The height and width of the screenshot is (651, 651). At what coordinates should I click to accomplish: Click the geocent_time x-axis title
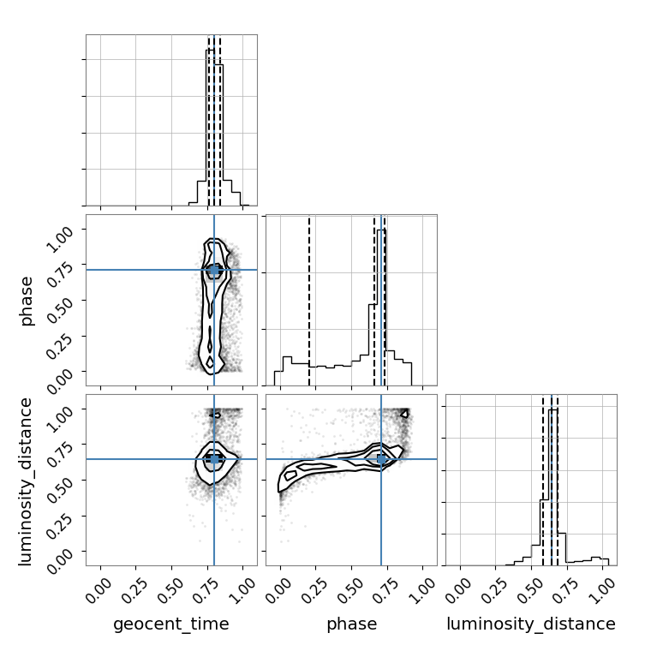pyautogui.click(x=171, y=624)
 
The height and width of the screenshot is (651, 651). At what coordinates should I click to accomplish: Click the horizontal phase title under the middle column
pyautogui.click(x=352, y=624)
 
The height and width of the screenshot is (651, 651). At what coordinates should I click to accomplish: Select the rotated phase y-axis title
pyautogui.click(x=26, y=301)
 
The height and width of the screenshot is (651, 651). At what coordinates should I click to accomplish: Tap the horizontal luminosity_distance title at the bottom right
pyautogui.click(x=531, y=624)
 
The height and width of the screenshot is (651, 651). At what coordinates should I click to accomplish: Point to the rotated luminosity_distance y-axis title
pyautogui.click(x=26, y=481)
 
